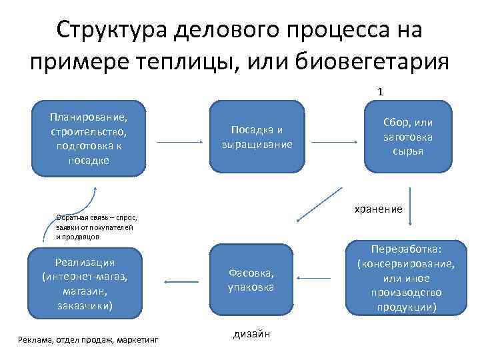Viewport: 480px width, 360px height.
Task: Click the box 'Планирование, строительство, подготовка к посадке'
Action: coord(88,139)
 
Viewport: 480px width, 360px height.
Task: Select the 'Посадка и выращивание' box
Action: coord(257,137)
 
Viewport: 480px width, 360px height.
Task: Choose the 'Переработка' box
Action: coord(407,277)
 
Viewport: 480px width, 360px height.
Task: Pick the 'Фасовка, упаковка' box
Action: coord(251,279)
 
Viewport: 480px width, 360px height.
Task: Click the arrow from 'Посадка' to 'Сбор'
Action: coord(333,142)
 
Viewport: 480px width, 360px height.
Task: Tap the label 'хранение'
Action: coord(378,209)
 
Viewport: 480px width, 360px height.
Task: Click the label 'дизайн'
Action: coord(251,333)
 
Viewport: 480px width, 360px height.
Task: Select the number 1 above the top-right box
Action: coord(379,91)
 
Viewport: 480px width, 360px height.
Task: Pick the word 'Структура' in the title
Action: coord(111,29)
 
